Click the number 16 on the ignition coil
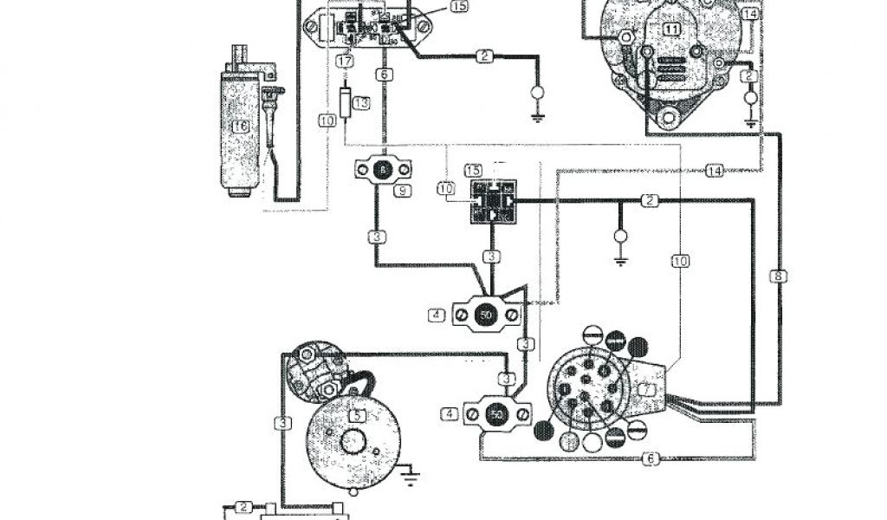pos(240,126)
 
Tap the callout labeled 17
pos(345,62)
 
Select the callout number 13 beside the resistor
pos(362,103)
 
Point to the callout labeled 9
pos(402,190)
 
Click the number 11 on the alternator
pos(672,29)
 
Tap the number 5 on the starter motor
pos(355,415)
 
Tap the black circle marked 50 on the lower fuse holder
pos(497,415)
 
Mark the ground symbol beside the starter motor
pos(411,473)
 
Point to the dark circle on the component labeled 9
pos(383,171)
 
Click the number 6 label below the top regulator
pos(383,76)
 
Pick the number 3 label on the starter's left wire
pos(283,423)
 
